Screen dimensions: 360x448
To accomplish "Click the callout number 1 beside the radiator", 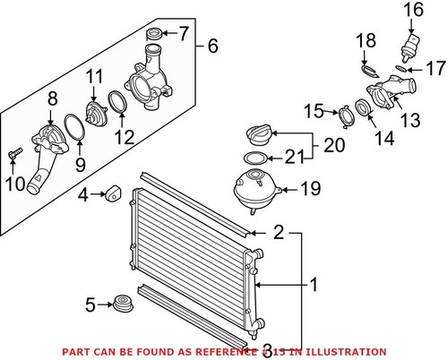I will point(314,287).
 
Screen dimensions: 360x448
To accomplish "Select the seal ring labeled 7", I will point(153,36).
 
